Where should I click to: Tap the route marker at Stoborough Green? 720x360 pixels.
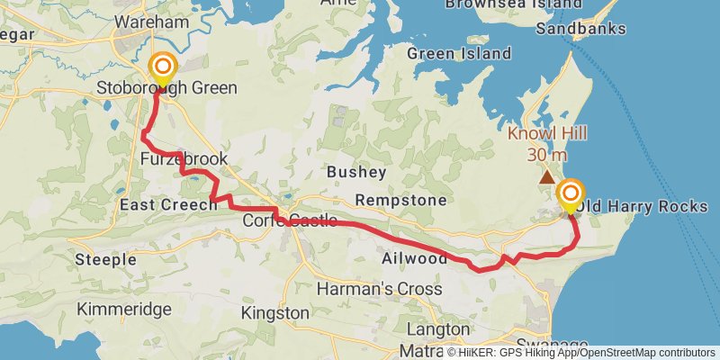tap(163, 68)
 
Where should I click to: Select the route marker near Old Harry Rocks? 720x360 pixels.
tap(570, 194)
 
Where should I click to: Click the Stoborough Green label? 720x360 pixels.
tap(166, 88)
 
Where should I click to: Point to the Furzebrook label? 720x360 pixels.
tap(184, 159)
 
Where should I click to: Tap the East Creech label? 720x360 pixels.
tap(168, 205)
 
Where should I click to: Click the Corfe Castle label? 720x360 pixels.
tap(290, 220)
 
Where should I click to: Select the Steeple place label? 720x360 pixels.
tap(106, 260)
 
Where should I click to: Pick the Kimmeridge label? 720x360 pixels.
tap(124, 310)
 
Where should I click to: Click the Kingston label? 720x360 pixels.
tap(275, 313)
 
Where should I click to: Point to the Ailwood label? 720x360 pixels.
tap(414, 259)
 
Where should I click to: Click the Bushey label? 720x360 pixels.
tap(356, 171)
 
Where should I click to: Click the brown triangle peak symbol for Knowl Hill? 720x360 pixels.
tap(546, 176)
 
